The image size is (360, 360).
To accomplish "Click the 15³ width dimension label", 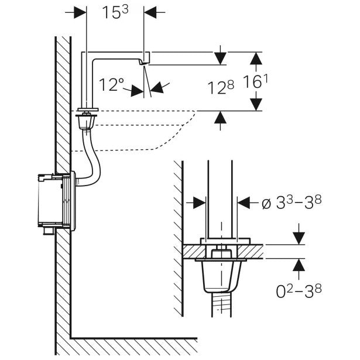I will [x=116, y=13].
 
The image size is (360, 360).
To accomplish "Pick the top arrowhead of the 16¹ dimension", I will [x=255, y=57].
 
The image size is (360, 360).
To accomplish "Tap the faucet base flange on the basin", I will [x=88, y=109].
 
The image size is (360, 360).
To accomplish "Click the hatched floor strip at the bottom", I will [x=135, y=346].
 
